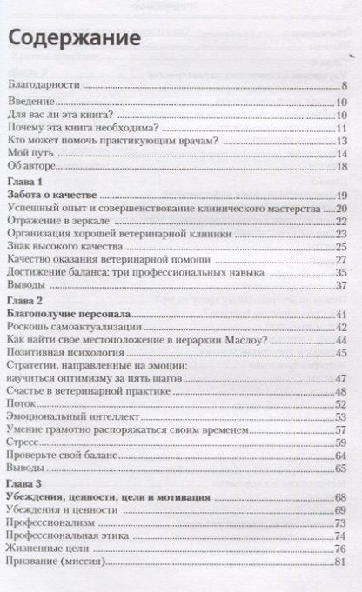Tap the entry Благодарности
(44, 85)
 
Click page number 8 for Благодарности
(345, 85)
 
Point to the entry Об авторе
(33, 166)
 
